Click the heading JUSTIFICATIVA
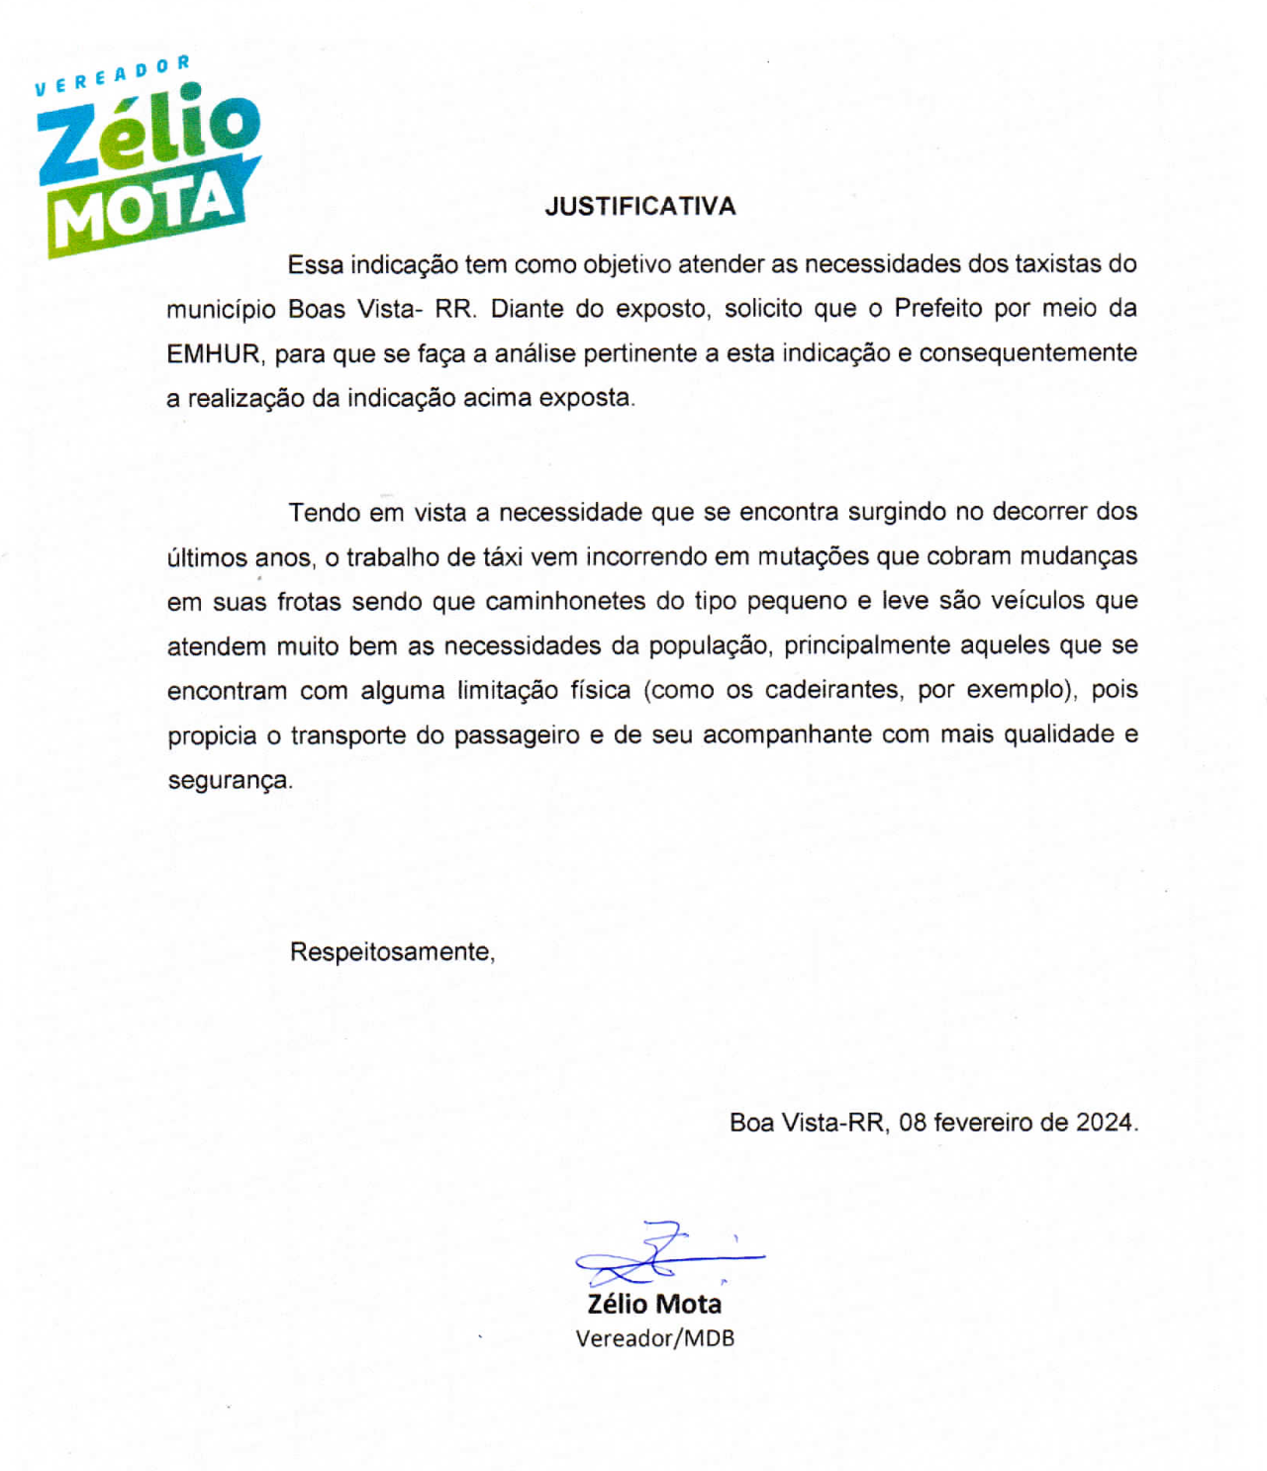639,206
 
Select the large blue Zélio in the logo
148,134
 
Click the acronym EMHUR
214,353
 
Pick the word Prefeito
940,308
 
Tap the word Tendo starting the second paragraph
325,513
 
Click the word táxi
502,557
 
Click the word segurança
230,780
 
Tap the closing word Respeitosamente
392,952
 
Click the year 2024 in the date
1105,1123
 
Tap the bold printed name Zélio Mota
654,1304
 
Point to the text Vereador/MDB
655,1338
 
